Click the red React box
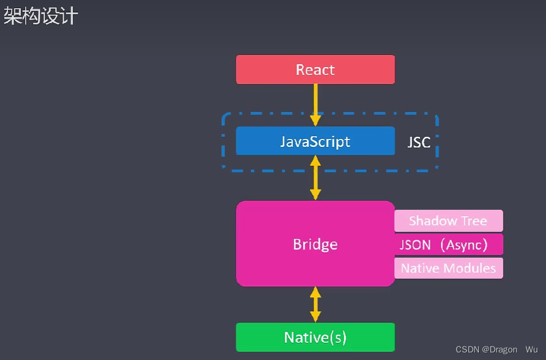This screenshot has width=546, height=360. tap(315, 70)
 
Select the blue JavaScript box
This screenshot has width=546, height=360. tap(315, 141)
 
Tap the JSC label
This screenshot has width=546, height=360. tap(419, 142)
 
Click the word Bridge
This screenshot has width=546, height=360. tap(315, 245)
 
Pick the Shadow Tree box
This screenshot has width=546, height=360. tap(448, 221)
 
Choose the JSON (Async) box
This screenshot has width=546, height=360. tap(448, 245)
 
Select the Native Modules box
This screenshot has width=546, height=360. tap(448, 268)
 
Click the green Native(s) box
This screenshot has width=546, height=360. tap(315, 337)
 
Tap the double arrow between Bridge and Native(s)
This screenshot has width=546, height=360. tap(315, 304)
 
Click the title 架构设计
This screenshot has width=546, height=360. tap(41, 16)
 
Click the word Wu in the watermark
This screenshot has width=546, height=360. tap(532, 349)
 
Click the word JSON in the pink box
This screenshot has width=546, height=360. tap(416, 245)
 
